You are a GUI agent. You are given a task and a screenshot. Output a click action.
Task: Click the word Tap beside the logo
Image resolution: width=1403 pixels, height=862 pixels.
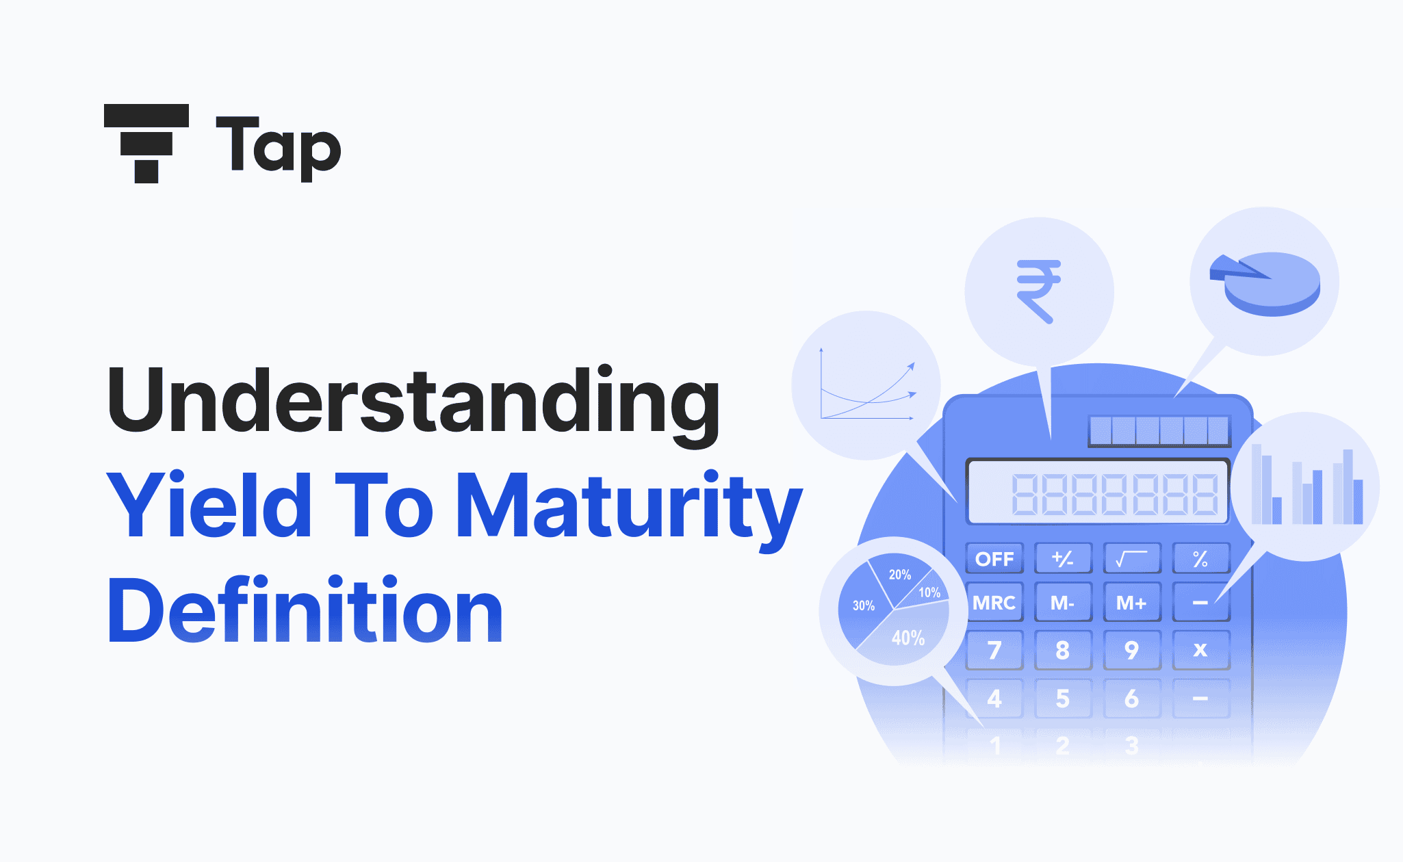278,147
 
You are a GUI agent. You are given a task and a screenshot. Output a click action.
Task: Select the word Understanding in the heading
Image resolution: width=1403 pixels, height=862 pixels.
413,402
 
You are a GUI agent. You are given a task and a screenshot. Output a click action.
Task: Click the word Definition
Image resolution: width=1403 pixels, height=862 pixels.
305,611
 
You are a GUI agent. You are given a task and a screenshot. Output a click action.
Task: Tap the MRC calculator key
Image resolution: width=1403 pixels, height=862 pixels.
994,603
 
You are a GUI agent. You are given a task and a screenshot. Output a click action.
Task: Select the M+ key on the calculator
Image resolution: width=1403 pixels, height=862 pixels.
1131,603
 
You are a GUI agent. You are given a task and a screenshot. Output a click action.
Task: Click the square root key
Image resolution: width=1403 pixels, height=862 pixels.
1131,559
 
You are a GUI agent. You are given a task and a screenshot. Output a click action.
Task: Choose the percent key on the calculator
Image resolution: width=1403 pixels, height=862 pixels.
1200,559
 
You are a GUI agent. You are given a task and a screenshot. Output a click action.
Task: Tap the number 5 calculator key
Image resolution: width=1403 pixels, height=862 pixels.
1062,698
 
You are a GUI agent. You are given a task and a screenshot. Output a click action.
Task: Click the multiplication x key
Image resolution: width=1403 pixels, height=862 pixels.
1200,649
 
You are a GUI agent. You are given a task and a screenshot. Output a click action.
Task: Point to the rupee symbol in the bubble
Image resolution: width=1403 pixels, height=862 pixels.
1038,291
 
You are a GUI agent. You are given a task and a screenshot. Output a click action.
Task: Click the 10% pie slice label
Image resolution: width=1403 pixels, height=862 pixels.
929,592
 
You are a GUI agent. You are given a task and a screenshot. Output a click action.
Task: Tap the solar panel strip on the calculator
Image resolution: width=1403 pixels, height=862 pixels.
1159,431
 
